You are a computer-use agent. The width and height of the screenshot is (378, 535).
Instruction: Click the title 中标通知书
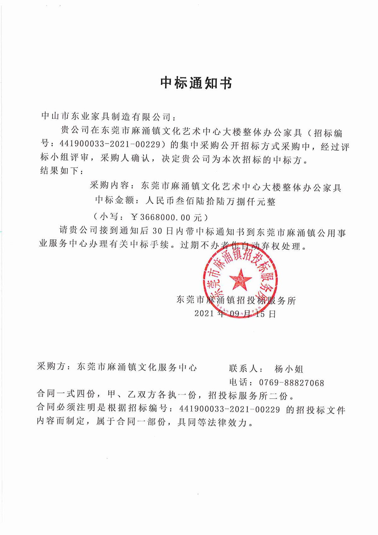[196, 83]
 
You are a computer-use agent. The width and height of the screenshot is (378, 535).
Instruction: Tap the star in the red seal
[241, 279]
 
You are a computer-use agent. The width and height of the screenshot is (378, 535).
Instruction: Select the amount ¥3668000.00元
[166, 217]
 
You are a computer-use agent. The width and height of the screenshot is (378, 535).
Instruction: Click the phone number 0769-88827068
[291, 383]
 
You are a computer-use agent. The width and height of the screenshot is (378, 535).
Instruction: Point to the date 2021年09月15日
[235, 314]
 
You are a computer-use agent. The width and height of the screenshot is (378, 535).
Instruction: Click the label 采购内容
[109, 186]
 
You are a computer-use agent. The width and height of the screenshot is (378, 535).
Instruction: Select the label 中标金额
[114, 200]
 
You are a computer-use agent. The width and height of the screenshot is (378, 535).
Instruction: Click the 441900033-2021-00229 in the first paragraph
[109, 145]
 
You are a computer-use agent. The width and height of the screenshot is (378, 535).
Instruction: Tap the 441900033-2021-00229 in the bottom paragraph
[229, 409]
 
